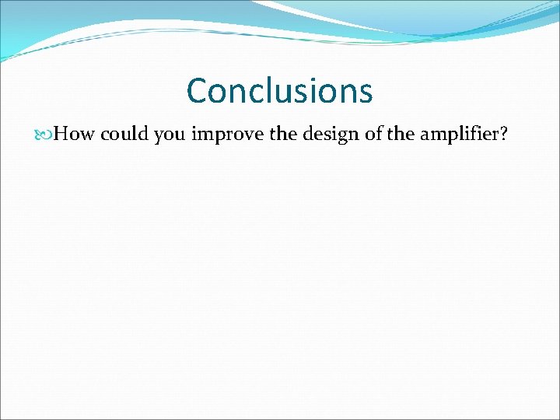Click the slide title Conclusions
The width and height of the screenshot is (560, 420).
pyautogui.click(x=279, y=91)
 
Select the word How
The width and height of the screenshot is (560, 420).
pyautogui.click(x=75, y=135)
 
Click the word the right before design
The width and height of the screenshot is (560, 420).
pyautogui.click(x=284, y=135)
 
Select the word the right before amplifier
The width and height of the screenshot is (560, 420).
pyautogui.click(x=401, y=135)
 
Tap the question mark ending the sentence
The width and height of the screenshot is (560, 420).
pyautogui.click(x=504, y=135)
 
